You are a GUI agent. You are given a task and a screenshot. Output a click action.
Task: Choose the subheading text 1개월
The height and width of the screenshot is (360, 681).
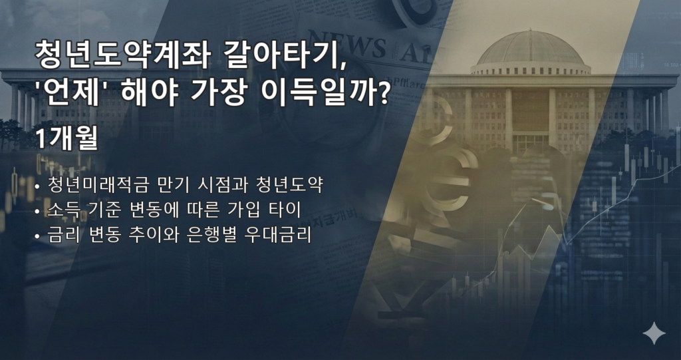66,139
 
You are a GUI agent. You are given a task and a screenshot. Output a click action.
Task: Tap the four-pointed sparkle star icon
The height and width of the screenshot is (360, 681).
654,333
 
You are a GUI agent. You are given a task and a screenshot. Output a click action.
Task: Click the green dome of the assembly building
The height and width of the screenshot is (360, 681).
530,49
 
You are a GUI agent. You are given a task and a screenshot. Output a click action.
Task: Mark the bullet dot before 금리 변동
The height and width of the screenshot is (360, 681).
38,237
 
